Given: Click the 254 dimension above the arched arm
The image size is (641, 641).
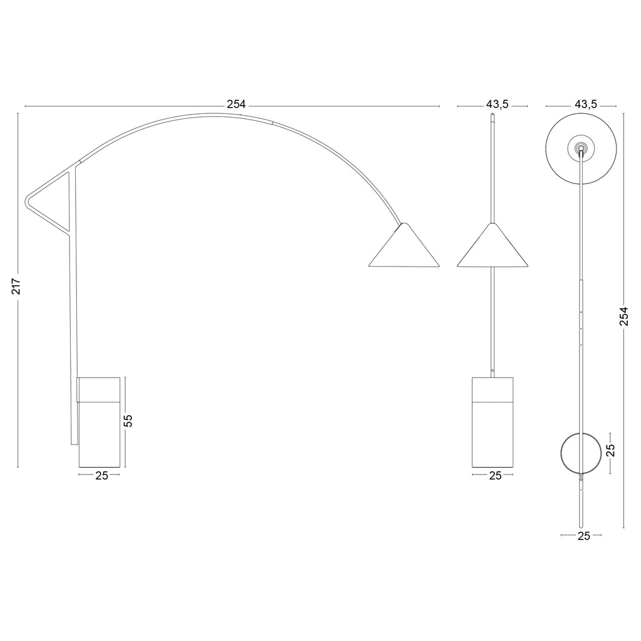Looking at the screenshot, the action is tap(236, 105).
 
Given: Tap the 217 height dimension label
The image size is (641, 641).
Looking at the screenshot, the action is tap(16, 286).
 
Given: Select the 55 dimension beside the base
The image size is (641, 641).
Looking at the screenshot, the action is tap(128, 421).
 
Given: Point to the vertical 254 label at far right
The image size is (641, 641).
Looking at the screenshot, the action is tap(623, 316).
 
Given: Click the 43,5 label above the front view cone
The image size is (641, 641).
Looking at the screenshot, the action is tap(497, 105).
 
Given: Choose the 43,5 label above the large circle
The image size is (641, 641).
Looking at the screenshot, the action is tap(586, 105).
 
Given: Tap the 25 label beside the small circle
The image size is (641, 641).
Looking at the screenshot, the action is tap(610, 450).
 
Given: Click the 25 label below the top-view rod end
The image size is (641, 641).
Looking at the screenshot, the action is tap(584, 536).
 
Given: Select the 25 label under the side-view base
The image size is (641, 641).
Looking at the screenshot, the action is tap(101, 476).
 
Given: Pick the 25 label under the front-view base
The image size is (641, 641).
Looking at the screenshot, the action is tap(495, 476).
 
